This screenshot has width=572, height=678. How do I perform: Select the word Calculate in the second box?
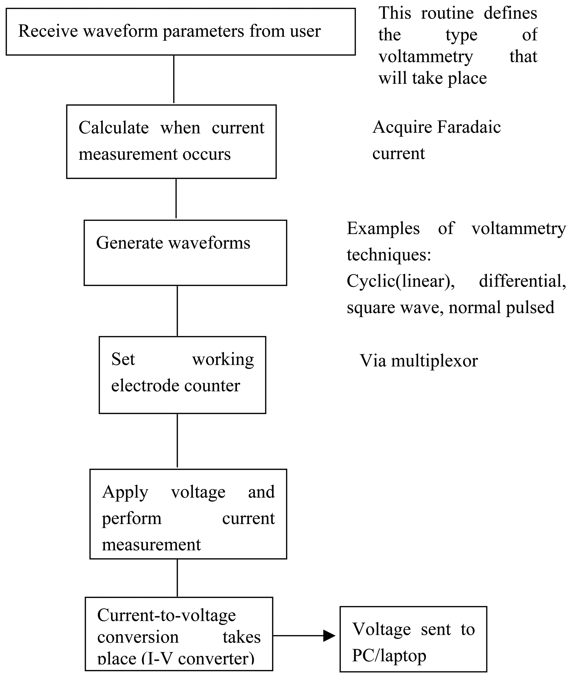click(x=113, y=128)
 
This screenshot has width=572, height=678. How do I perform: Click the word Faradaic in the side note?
click(x=469, y=127)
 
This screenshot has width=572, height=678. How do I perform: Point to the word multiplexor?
click(x=434, y=361)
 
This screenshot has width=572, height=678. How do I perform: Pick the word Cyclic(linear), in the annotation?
click(x=400, y=281)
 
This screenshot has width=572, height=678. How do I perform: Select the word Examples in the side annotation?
click(x=383, y=228)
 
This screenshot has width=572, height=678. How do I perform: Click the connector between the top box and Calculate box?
click(x=174, y=80)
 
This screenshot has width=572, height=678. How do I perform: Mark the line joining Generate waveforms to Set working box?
click(x=177, y=311)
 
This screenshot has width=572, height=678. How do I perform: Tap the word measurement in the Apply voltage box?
click(x=151, y=545)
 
